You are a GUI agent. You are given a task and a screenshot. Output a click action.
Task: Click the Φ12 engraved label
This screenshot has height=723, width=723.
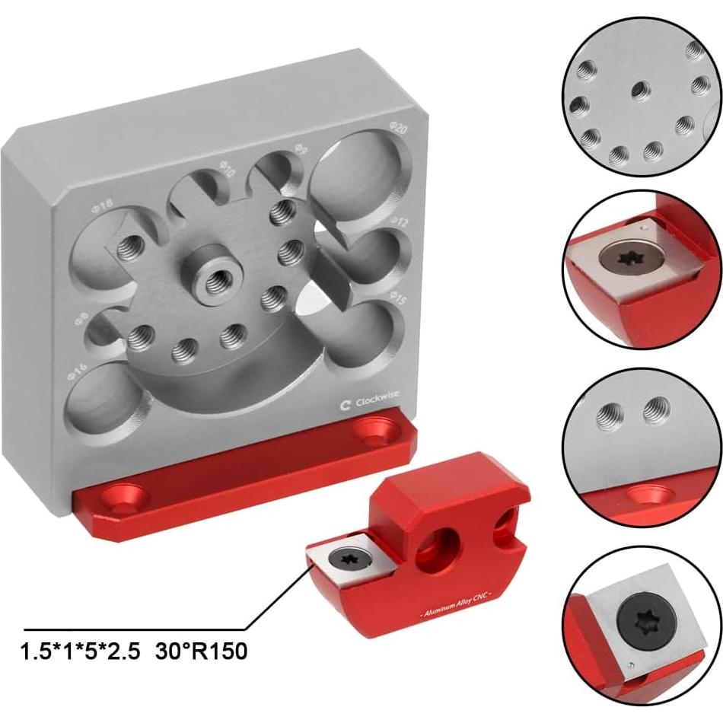pyautogui.click(x=400, y=221)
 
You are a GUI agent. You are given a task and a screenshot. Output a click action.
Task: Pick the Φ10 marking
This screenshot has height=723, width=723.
pyautogui.click(x=226, y=167)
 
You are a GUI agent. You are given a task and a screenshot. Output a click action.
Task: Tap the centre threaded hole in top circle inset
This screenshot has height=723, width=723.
pyautogui.click(x=639, y=89)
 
